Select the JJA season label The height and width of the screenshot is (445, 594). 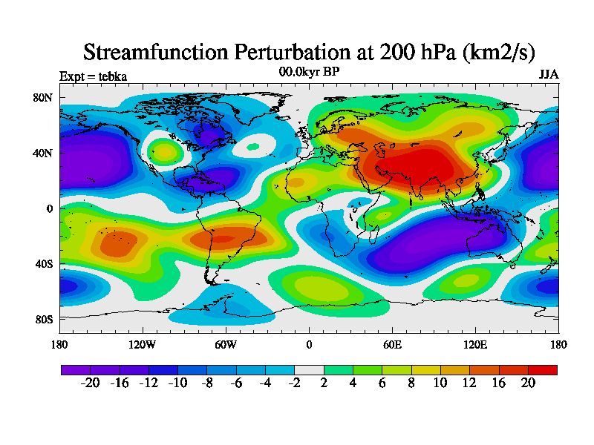pyautogui.click(x=549, y=75)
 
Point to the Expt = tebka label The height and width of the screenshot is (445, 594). pyautogui.click(x=93, y=76)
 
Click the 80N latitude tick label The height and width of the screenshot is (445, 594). pyautogui.click(x=43, y=98)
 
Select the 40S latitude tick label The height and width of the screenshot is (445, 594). pyautogui.click(x=43, y=264)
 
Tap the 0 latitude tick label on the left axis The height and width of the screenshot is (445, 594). pyautogui.click(x=50, y=208)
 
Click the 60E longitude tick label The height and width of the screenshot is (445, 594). pyautogui.click(x=392, y=344)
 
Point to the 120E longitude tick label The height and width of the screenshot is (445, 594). pyautogui.click(x=475, y=344)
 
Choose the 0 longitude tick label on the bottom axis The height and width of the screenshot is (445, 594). pyautogui.click(x=309, y=344)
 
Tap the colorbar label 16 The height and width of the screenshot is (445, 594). pyautogui.click(x=499, y=382)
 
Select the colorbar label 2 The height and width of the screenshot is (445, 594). pyautogui.click(x=324, y=382)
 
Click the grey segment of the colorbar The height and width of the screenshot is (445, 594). pyautogui.click(x=309, y=369)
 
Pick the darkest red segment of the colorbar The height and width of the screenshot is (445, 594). pyautogui.click(x=542, y=369)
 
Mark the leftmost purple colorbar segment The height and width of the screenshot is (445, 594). pyautogui.click(x=75, y=369)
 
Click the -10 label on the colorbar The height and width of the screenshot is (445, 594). pyautogui.click(x=177, y=382)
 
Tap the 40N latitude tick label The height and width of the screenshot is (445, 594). pyautogui.click(x=43, y=154)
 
